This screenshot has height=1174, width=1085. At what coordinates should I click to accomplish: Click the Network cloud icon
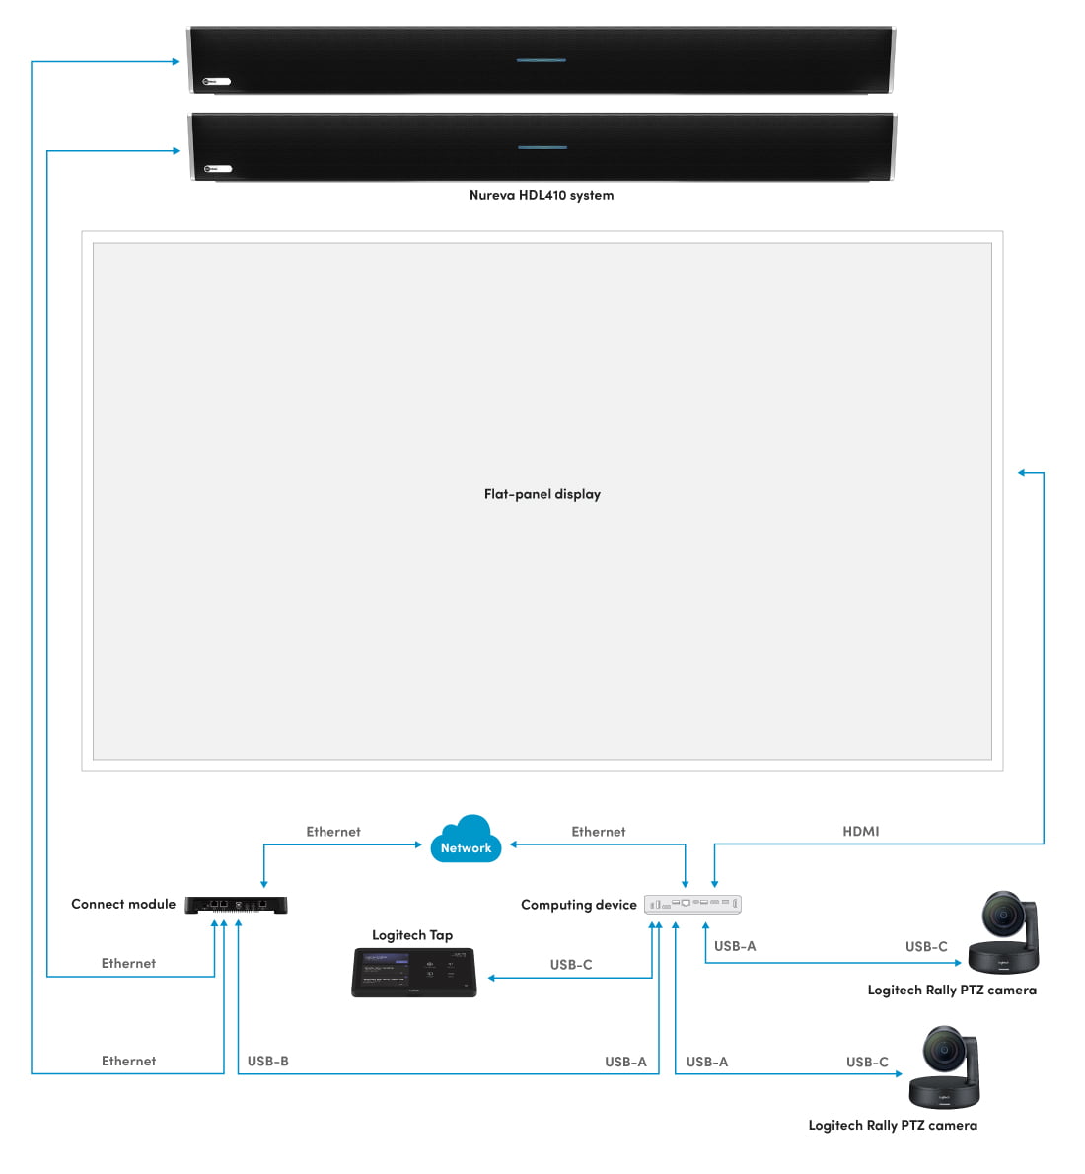pyautogui.click(x=466, y=840)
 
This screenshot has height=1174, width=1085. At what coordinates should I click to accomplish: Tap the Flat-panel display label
pyautogui.click(x=542, y=494)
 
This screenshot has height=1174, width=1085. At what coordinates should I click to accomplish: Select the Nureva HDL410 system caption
pyautogui.click(x=542, y=195)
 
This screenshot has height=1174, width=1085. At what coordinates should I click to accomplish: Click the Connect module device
pyautogui.click(x=236, y=904)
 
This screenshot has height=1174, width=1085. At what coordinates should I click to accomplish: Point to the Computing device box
pyautogui.click(x=692, y=904)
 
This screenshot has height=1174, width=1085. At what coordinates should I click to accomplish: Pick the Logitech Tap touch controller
pyautogui.click(x=414, y=973)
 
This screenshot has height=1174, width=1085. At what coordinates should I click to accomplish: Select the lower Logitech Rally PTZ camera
pyautogui.click(x=945, y=1067)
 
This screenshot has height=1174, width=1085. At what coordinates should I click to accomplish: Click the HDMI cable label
pyautogui.click(x=861, y=832)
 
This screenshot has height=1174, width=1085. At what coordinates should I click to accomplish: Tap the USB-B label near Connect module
pyautogui.click(x=268, y=1062)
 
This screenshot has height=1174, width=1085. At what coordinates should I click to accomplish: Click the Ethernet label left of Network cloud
pyautogui.click(x=333, y=832)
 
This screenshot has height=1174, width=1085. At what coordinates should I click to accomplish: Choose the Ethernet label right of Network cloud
pyautogui.click(x=599, y=832)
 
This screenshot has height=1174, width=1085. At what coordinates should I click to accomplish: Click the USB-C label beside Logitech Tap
pyautogui.click(x=571, y=965)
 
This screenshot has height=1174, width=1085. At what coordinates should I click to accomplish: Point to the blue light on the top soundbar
pyautogui.click(x=542, y=60)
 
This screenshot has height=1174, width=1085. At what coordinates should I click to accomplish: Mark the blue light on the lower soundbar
pyautogui.click(x=542, y=147)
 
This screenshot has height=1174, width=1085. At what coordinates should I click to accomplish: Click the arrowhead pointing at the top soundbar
pyautogui.click(x=176, y=62)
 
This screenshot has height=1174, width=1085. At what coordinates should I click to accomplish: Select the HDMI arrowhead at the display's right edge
pyautogui.click(x=1023, y=473)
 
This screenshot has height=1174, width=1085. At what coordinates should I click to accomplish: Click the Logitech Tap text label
pyautogui.click(x=412, y=935)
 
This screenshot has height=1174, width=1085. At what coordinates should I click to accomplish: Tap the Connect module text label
pyautogui.click(x=123, y=904)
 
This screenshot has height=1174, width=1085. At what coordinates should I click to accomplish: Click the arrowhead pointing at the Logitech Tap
pyautogui.click(x=492, y=978)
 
